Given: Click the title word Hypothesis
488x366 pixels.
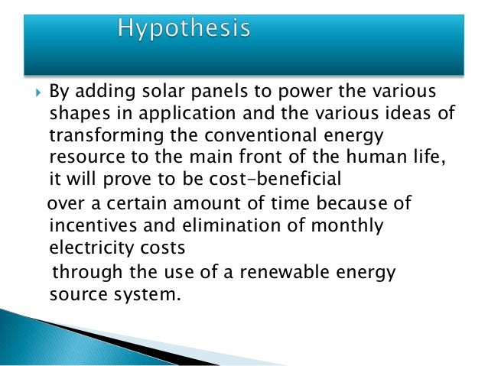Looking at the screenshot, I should point(184,30).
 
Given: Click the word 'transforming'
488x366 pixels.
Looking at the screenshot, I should point(104,136).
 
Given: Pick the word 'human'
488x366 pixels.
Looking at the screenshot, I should point(344,158).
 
